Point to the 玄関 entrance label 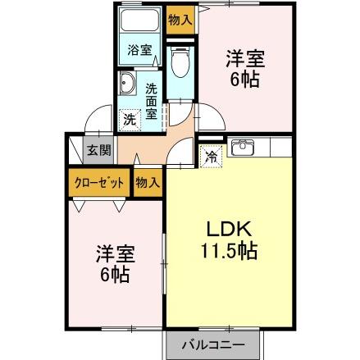[97, 149]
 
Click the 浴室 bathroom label [139, 50]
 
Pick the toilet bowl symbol [180, 64]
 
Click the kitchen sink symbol [243, 148]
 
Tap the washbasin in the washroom [130, 84]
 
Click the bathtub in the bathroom [139, 22]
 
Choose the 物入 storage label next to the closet [148, 182]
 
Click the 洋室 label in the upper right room [245, 58]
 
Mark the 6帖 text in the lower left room [114, 275]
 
